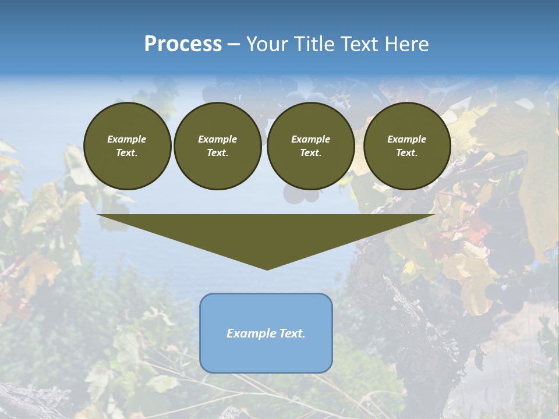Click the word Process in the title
183,44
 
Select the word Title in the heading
312,44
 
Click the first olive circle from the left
127,146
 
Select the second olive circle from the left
217,146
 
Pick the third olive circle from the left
310,146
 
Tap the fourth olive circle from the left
407,146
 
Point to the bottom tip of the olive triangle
267,269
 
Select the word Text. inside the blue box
291,333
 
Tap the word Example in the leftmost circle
127,139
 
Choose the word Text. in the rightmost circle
407,153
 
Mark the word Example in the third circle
310,139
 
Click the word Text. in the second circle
217,153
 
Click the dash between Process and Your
233,45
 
